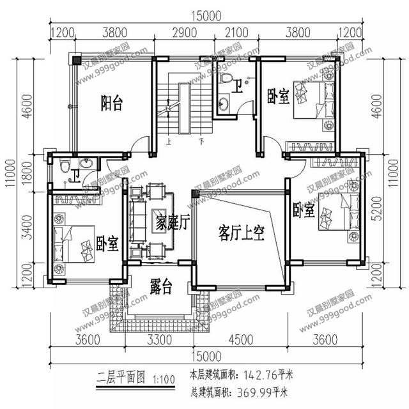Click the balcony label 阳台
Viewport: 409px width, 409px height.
pos(112,103)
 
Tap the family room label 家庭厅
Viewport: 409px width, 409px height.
pos(172,223)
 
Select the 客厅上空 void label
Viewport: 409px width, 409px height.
pos(241,231)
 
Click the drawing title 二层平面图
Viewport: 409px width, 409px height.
pos(121,376)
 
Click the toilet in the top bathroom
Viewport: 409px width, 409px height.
pos(226,79)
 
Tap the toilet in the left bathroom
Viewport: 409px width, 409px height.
pos(63,167)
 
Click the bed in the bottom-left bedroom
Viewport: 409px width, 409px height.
pos(75,242)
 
